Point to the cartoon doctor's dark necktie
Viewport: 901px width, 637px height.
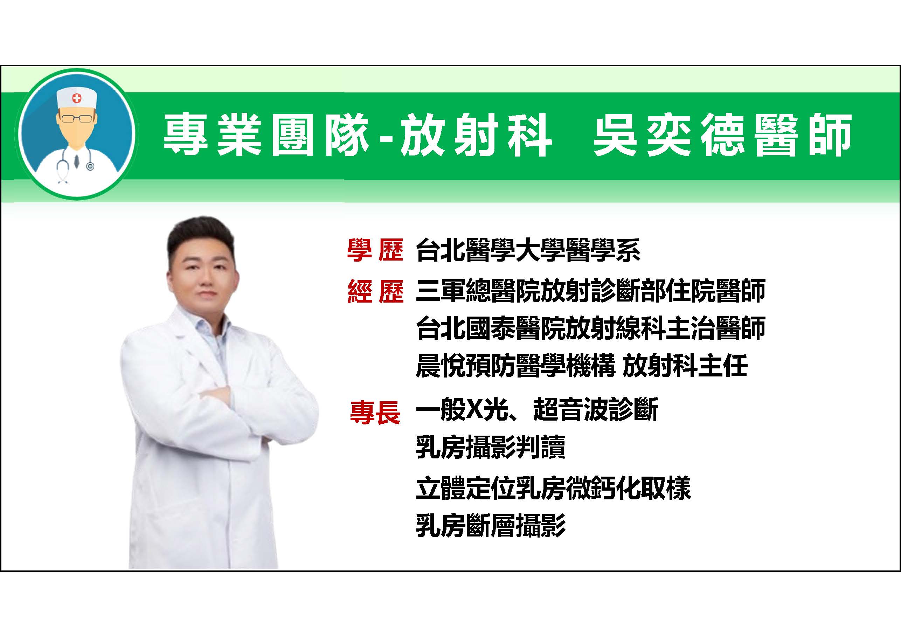pos(77,160)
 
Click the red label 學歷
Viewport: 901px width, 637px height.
pos(375,250)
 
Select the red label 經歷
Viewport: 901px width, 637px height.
pos(375,291)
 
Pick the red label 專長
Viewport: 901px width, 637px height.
pos(375,412)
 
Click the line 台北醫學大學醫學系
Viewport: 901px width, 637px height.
pos(528,250)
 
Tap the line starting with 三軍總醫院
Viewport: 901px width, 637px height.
pos(591,291)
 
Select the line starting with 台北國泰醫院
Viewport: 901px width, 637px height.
pos(591,328)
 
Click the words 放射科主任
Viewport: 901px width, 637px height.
pos(685,365)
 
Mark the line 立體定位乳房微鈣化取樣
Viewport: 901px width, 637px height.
pos(553,488)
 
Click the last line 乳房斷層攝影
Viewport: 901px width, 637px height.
pos(491,526)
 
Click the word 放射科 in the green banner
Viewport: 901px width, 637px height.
pos(476,136)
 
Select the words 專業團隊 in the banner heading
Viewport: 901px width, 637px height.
pos(266,136)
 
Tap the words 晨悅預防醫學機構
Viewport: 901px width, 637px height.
pos(515,365)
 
